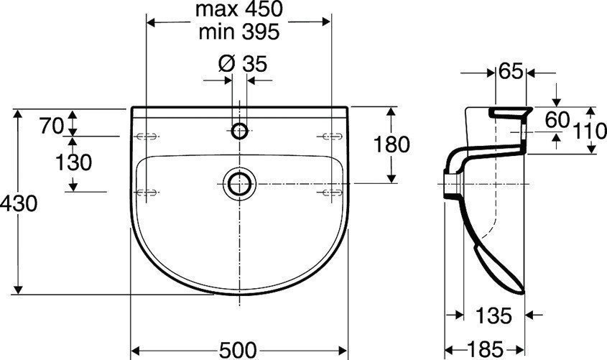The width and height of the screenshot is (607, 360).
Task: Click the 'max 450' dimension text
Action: click(238, 10)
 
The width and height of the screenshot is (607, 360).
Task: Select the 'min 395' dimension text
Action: click(238, 32)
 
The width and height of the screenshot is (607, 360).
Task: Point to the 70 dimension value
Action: click(52, 125)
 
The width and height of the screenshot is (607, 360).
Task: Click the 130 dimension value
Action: click(74, 163)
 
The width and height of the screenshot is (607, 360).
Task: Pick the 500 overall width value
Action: click(238, 349)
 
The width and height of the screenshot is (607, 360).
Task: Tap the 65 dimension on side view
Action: click(511, 71)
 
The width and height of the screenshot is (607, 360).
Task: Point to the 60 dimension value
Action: click(557, 119)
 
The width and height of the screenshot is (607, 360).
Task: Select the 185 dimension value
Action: click(492, 349)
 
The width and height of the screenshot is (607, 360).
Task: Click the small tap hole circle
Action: click(240, 131)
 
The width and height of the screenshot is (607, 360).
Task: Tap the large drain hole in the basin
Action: click(238, 183)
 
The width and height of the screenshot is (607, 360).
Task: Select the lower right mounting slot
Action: click(330, 190)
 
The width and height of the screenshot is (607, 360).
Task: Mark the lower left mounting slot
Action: click(147, 190)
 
